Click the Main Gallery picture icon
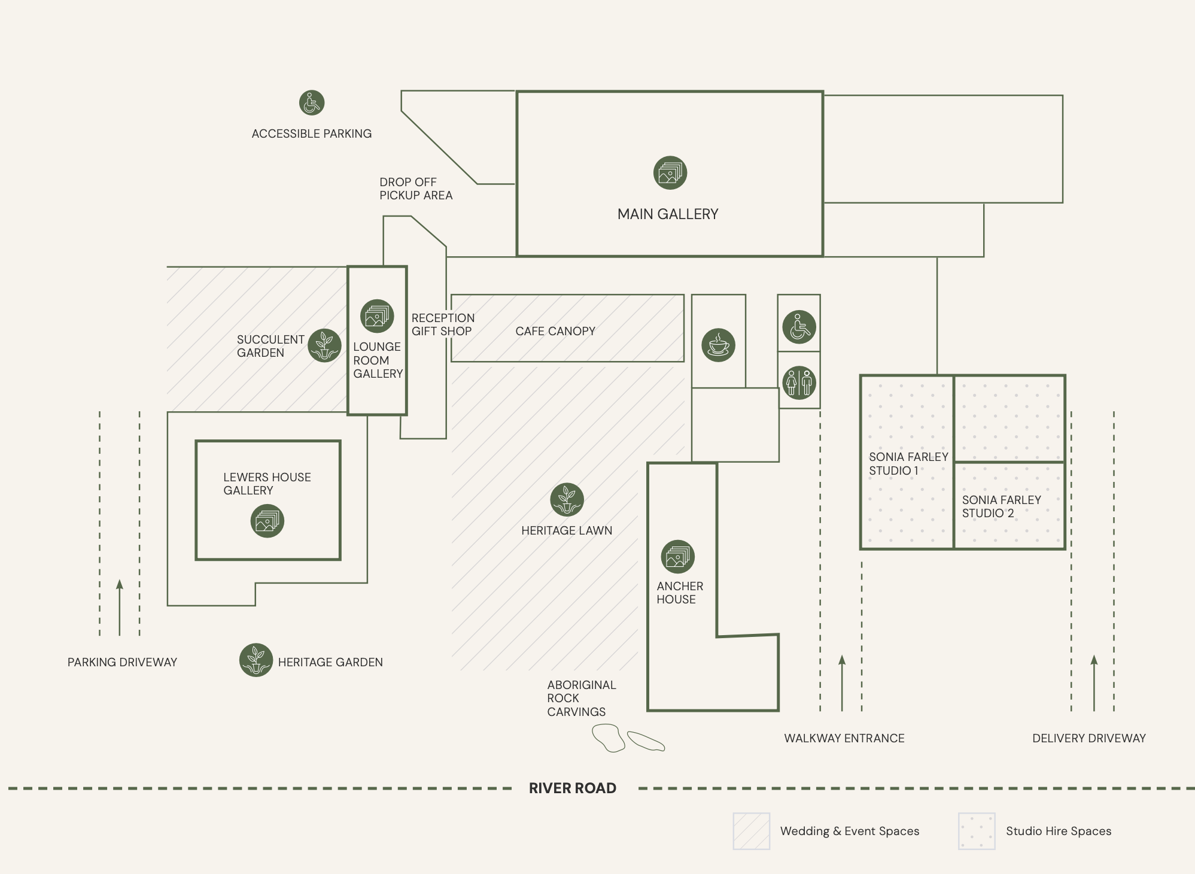670,173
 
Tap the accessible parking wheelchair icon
312,103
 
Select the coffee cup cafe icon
718,345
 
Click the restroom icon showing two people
799,383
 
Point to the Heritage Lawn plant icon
567,500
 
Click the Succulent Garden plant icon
325,345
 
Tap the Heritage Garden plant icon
256,660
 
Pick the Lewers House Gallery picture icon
267,521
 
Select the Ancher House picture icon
678,557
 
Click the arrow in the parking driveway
120,608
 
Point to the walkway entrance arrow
842,683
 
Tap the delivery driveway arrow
1094,683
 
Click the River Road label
573,788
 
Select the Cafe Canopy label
555,331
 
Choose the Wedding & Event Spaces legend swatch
752,831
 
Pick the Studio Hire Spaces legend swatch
977,831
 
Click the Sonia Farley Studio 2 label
1002,506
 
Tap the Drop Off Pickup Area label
416,189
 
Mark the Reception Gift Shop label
443,324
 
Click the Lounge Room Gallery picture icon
377,316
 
